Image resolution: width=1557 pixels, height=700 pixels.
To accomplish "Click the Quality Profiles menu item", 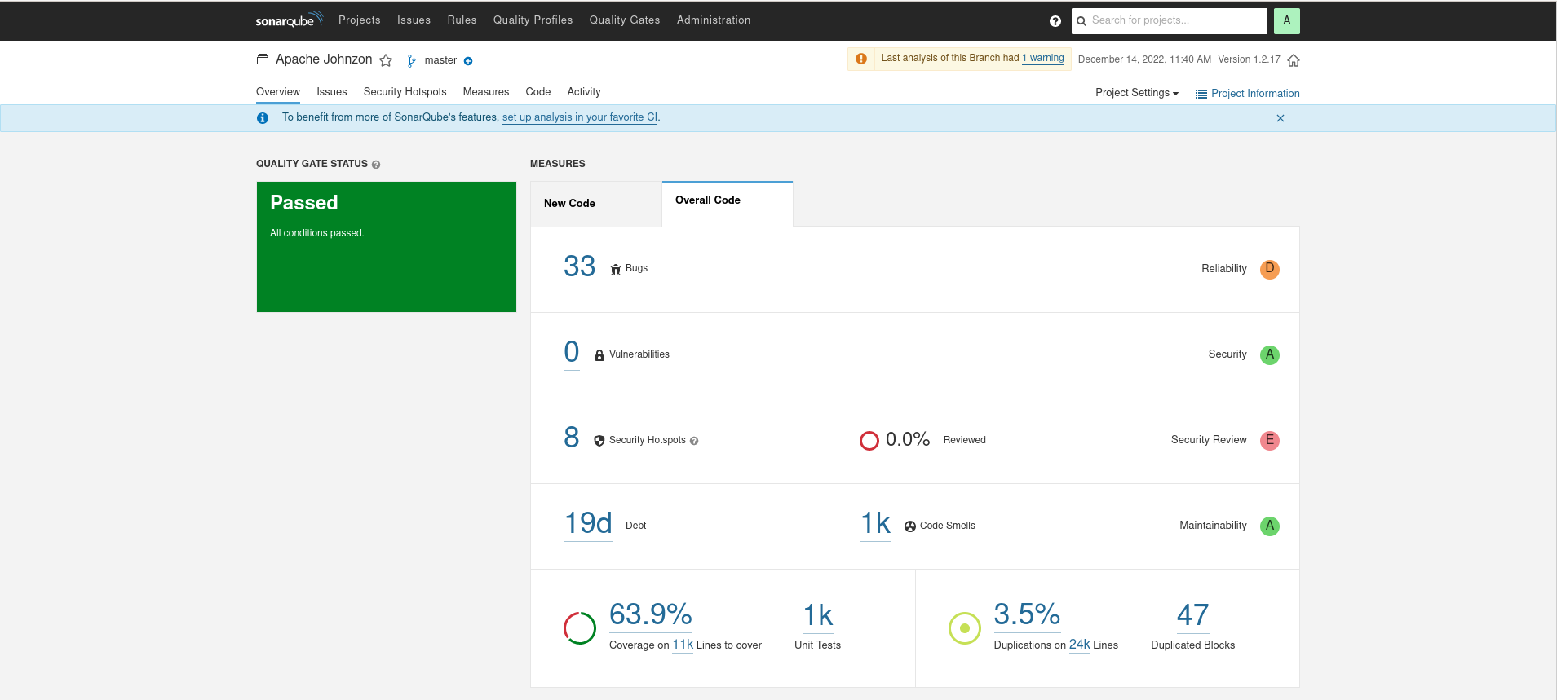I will pyautogui.click(x=533, y=20).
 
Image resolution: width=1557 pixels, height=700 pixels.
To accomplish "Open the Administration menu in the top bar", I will pyautogui.click(x=713, y=20).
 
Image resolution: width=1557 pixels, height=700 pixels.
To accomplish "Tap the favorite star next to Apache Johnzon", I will pyautogui.click(x=386, y=60).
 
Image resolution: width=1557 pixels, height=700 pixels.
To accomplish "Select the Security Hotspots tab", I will pyautogui.click(x=405, y=92).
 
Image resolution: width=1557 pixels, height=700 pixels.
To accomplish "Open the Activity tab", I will pyautogui.click(x=583, y=92).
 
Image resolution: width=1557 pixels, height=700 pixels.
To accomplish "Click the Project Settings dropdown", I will pyautogui.click(x=1136, y=93).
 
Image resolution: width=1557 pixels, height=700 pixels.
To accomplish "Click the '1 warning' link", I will pyautogui.click(x=1043, y=58).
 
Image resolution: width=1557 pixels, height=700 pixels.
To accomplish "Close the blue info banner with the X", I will pyautogui.click(x=1280, y=118).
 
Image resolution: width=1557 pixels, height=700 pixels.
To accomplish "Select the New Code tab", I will pyautogui.click(x=569, y=204).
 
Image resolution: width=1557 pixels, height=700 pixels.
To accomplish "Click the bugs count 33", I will pyautogui.click(x=579, y=266).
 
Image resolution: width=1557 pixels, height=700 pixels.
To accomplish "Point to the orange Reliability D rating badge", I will pyautogui.click(x=1269, y=269).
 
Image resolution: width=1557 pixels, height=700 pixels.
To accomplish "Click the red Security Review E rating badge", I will pyautogui.click(x=1269, y=441).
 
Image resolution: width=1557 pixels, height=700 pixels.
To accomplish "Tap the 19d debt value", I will pyautogui.click(x=587, y=523).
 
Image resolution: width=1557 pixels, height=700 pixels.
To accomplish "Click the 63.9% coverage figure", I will pyautogui.click(x=650, y=614).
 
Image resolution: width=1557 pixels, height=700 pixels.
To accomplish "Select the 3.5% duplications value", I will pyautogui.click(x=1026, y=614).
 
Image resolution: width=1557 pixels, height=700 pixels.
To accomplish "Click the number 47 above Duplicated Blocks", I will pyautogui.click(x=1192, y=615).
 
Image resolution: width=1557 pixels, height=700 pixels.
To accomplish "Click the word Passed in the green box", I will pyautogui.click(x=303, y=203).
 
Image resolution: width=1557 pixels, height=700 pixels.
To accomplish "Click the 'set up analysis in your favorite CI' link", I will pyautogui.click(x=579, y=117).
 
